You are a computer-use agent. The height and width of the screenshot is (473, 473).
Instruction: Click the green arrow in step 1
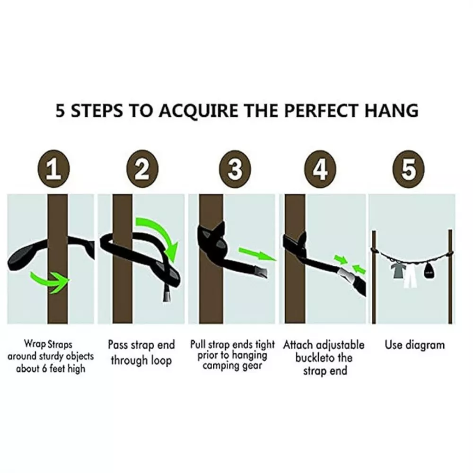pos(49,280)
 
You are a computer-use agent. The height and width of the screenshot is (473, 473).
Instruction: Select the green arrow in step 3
pos(257,254)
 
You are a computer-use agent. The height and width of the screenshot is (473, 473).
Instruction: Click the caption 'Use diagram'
pos(414,345)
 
